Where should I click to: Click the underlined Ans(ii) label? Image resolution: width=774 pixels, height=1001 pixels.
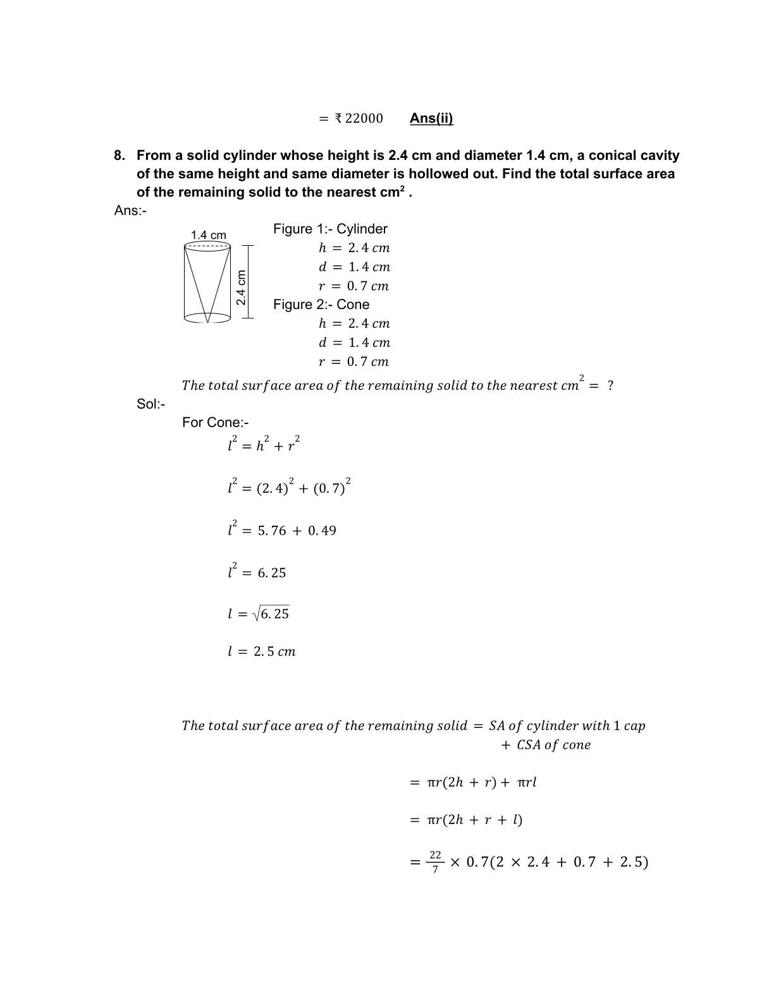[x=431, y=118]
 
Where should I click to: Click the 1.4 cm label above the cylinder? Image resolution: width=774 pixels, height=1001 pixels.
[x=209, y=235]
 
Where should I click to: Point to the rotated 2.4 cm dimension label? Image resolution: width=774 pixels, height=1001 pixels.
[x=241, y=288]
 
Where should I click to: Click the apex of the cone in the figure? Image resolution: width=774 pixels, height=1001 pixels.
[x=207, y=322]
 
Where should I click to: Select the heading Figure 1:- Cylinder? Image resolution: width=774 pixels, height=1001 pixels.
[x=330, y=229]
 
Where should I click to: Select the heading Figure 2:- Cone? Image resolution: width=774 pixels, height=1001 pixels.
[x=321, y=305]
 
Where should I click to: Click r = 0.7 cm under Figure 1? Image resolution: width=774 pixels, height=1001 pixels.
[x=353, y=286]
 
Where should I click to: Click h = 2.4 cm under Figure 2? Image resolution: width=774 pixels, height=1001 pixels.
[x=354, y=324]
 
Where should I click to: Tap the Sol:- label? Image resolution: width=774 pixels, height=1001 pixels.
[x=150, y=404]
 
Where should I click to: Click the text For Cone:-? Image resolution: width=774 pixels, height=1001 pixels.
[x=216, y=422]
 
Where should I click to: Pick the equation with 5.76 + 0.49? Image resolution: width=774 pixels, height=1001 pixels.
[x=282, y=530]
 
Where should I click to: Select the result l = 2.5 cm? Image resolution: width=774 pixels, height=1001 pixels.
[x=261, y=652]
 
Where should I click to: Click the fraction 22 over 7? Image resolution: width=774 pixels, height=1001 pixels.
[x=435, y=862]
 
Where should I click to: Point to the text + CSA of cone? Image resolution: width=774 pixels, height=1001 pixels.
[x=545, y=745]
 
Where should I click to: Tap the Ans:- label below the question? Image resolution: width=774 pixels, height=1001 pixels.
[x=130, y=210]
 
